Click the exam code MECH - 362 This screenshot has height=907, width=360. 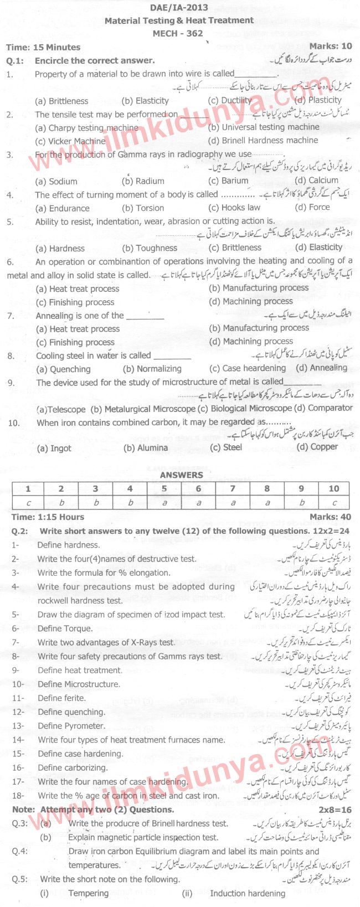tap(178, 33)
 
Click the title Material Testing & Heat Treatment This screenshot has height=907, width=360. tap(179, 20)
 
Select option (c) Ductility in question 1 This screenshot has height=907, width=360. tap(230, 101)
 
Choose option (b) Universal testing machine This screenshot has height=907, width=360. tap(264, 127)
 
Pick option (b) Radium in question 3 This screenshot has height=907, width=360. tap(143, 181)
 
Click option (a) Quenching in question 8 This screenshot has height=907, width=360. tap(63, 369)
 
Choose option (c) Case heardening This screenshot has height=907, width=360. tap(248, 368)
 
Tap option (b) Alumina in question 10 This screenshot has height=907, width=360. tap(146, 448)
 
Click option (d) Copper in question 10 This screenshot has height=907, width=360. tap(317, 447)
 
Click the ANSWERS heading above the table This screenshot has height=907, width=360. tap(181, 475)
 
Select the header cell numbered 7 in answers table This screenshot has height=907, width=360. tap(233, 488)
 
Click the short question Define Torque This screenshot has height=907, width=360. tap(65, 628)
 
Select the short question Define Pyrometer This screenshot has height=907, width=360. tap(71, 726)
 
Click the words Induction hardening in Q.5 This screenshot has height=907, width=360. tap(248, 893)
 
